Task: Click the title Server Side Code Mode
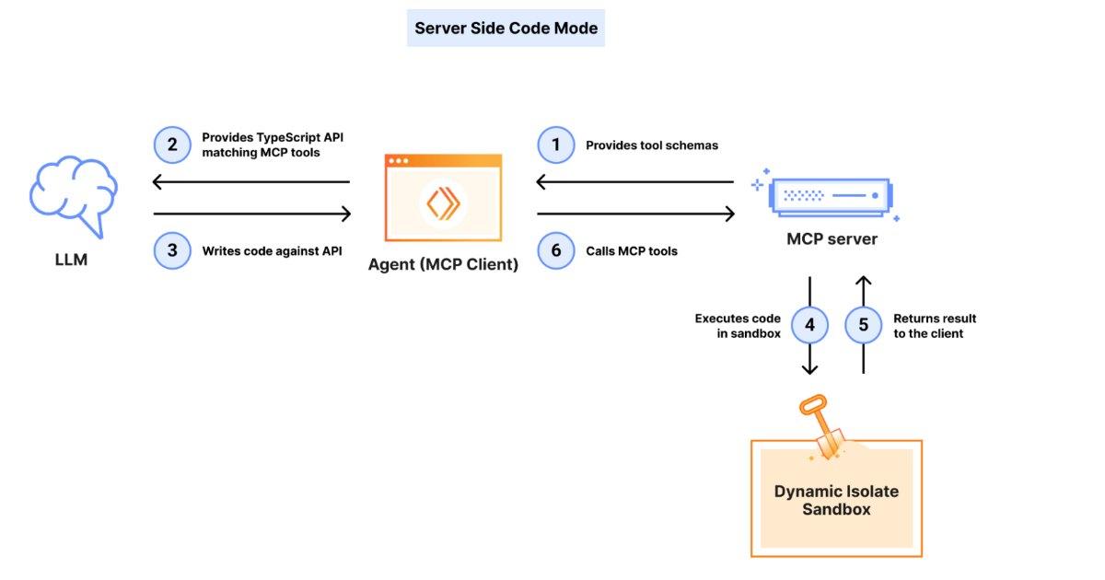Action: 506,29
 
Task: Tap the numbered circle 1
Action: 555,145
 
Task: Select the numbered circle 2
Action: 171,145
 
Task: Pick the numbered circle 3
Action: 171,250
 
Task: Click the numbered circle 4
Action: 809,325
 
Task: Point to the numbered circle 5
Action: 863,325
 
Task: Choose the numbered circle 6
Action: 555,250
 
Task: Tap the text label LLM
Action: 71,260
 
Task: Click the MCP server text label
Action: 832,239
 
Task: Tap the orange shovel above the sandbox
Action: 821,427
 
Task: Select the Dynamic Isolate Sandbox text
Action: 835,500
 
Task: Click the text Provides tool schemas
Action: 652,145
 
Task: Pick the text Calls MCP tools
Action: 632,250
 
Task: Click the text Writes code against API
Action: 272,250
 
